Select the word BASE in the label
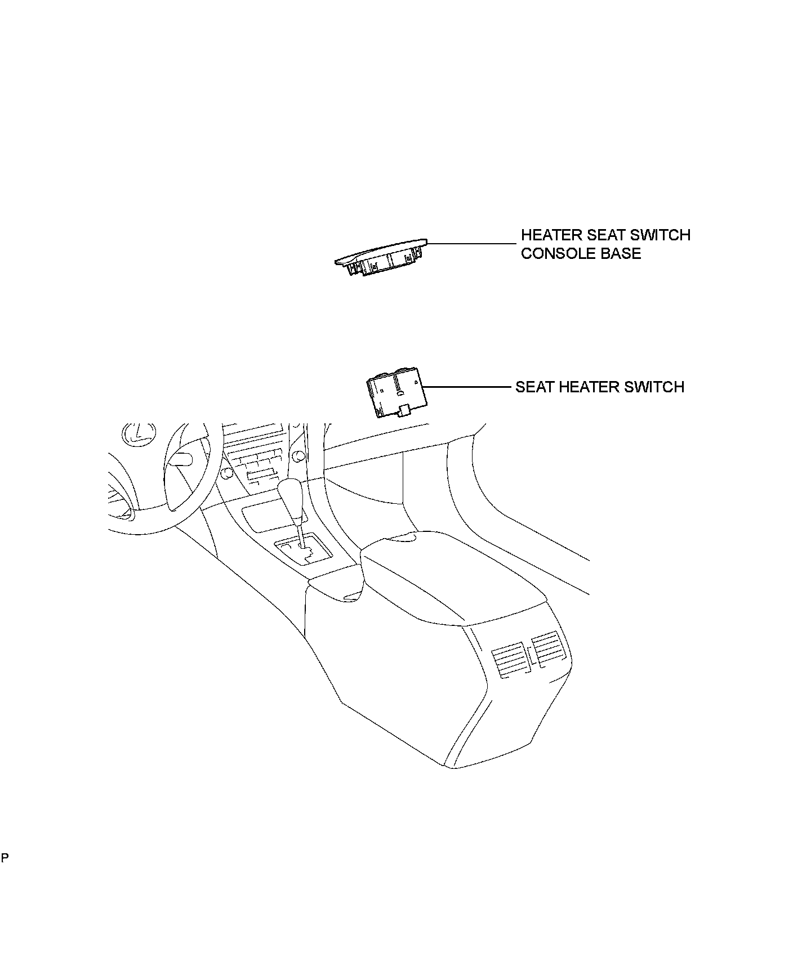click(623, 253)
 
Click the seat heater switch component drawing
click(395, 396)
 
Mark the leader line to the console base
click(470, 244)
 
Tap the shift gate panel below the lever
click(301, 551)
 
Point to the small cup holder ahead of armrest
click(338, 585)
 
